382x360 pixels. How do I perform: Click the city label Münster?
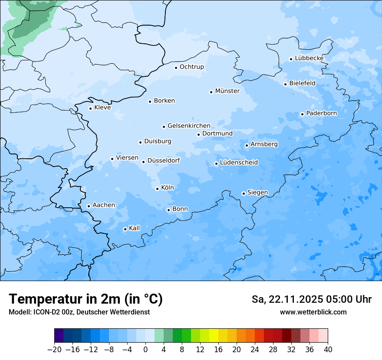click(227, 91)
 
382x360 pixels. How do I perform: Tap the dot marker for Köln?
click(157, 189)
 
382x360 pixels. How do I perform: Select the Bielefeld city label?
click(302, 83)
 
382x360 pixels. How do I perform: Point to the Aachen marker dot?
click(89, 206)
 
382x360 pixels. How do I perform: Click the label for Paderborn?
click(321, 113)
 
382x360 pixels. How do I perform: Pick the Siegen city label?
click(257, 193)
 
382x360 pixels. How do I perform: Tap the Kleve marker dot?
click(90, 108)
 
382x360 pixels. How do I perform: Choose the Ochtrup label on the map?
click(191, 67)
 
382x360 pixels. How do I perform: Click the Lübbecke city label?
click(309, 58)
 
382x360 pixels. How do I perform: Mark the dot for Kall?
click(125, 229)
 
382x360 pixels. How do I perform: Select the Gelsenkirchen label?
click(189, 126)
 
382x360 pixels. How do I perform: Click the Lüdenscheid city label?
click(239, 163)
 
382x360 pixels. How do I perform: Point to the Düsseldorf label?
click(164, 160)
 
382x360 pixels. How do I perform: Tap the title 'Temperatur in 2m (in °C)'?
click(86, 299)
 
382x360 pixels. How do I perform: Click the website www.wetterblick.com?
click(313, 312)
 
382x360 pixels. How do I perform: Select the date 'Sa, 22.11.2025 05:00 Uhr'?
click(311, 299)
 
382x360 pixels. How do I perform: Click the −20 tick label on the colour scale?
click(55, 350)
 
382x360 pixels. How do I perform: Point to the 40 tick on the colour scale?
click(328, 350)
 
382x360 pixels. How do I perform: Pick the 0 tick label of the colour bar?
click(145, 350)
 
